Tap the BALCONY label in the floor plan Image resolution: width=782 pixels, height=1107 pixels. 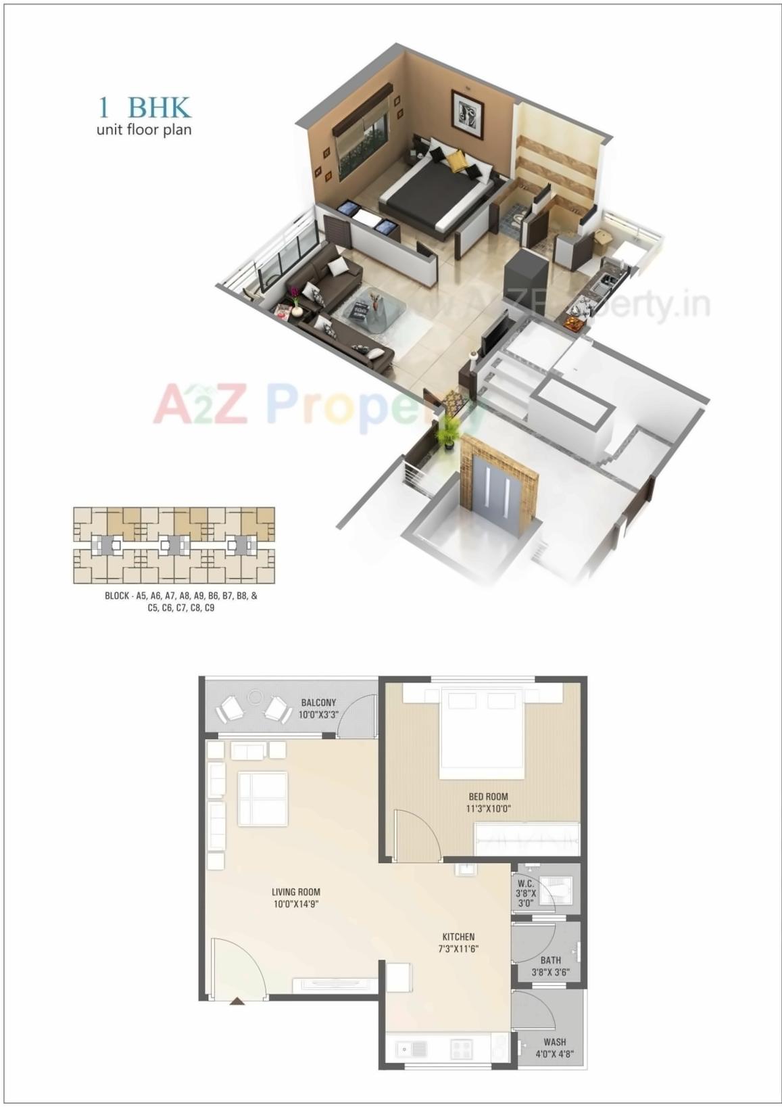(318, 703)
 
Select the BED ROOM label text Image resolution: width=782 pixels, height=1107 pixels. (487, 797)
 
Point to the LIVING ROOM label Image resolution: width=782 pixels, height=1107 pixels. (296, 892)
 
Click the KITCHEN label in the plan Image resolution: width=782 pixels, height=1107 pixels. (458, 937)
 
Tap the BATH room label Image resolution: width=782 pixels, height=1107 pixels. (551, 960)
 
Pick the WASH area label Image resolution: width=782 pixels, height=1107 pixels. (555, 1042)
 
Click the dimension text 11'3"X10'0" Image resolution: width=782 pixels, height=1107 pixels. (488, 808)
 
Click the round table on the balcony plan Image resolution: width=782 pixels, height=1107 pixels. (255, 697)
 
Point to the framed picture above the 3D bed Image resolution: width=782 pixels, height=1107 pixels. (467, 108)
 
